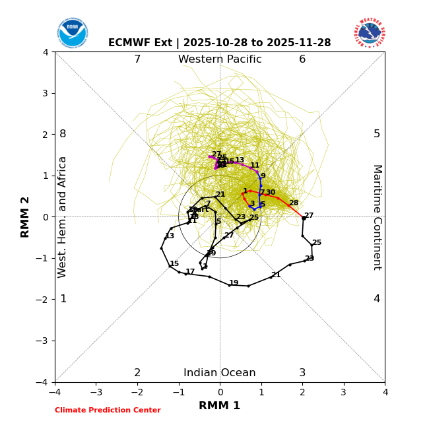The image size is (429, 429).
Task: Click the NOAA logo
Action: pos(72,33)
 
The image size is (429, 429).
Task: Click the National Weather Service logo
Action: pos(370,33)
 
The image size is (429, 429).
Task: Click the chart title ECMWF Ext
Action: pos(220,43)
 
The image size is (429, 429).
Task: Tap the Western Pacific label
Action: pos(220,59)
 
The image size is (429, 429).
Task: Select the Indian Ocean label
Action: pos(220,373)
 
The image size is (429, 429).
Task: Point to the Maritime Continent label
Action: pos(377,217)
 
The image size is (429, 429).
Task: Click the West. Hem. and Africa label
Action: pos(63,217)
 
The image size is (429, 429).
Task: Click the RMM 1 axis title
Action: pos(220,406)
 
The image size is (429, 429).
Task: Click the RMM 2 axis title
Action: pos(26,217)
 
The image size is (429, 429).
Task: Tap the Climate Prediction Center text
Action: pos(108,411)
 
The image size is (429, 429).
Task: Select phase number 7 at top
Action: pos(137,59)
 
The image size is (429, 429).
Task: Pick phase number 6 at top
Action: pos(302,59)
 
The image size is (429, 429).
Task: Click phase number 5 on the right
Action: pos(377,134)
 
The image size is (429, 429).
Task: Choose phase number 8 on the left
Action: pos(63,134)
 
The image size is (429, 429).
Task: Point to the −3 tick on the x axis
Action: pos(96,392)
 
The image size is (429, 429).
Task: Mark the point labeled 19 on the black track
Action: pos(229,285)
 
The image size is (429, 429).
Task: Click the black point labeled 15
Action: pos(170,266)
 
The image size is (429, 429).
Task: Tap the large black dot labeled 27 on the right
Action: pos(304,218)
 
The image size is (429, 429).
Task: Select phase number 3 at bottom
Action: pos(302,373)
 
